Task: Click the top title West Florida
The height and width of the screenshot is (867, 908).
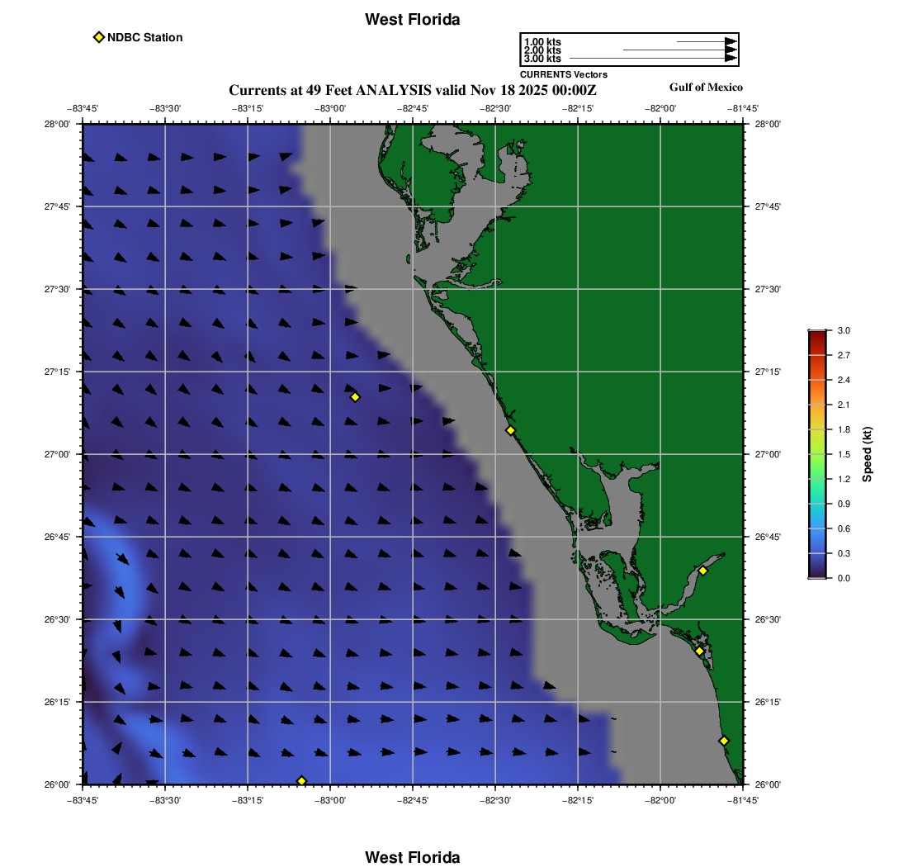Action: click(x=412, y=19)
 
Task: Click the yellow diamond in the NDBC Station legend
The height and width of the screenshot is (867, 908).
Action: click(x=99, y=37)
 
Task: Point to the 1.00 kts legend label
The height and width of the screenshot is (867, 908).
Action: click(x=542, y=41)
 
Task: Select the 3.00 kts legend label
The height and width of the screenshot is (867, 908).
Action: click(x=542, y=59)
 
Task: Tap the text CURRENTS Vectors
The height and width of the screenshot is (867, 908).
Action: click(x=563, y=74)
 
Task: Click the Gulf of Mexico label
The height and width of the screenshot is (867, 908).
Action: click(x=706, y=88)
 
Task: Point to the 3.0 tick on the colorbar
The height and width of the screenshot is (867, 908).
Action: click(x=844, y=330)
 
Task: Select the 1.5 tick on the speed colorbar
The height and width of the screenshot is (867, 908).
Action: click(x=844, y=454)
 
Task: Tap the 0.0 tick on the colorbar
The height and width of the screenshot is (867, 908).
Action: click(x=844, y=578)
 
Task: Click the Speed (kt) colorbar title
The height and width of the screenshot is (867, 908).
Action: click(x=868, y=454)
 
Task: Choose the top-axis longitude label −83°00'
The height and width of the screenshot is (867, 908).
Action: click(x=329, y=108)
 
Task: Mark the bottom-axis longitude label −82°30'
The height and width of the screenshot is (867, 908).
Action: click(x=494, y=800)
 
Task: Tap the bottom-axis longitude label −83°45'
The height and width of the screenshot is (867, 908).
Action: click(x=82, y=800)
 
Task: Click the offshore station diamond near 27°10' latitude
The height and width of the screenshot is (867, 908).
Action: click(x=355, y=397)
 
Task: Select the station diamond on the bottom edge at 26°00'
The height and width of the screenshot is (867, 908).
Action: click(x=301, y=781)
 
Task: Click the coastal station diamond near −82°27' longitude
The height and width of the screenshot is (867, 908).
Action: click(x=510, y=430)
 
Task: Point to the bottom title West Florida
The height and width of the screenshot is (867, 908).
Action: click(x=412, y=857)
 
